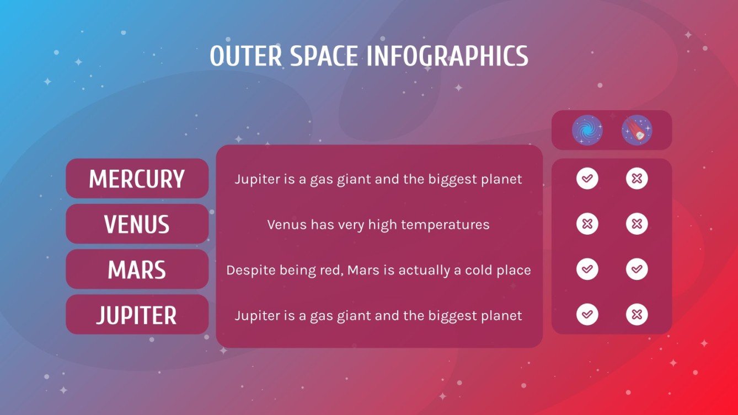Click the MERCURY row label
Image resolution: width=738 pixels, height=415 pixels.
tap(137, 179)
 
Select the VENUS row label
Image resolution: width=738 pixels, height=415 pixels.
tap(137, 224)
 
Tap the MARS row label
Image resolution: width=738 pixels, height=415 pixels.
tap(137, 270)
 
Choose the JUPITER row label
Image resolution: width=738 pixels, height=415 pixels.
tap(137, 315)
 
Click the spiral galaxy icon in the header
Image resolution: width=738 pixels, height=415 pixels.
tap(587, 130)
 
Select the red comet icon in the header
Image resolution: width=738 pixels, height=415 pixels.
tap(637, 130)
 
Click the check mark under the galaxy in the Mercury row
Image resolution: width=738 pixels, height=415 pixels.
tap(587, 179)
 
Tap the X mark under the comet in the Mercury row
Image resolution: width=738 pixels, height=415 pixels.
tap(637, 179)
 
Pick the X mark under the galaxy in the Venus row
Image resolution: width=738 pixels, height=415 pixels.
tap(587, 224)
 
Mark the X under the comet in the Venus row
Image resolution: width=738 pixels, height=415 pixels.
tap(637, 224)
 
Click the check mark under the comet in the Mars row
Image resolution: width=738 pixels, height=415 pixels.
tap(637, 270)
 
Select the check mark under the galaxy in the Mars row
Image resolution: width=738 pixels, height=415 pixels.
tap(587, 270)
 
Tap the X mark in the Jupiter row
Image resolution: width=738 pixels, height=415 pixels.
tap(637, 315)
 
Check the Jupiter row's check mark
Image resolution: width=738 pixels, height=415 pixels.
tap(587, 315)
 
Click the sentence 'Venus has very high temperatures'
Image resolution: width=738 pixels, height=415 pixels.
tap(378, 225)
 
